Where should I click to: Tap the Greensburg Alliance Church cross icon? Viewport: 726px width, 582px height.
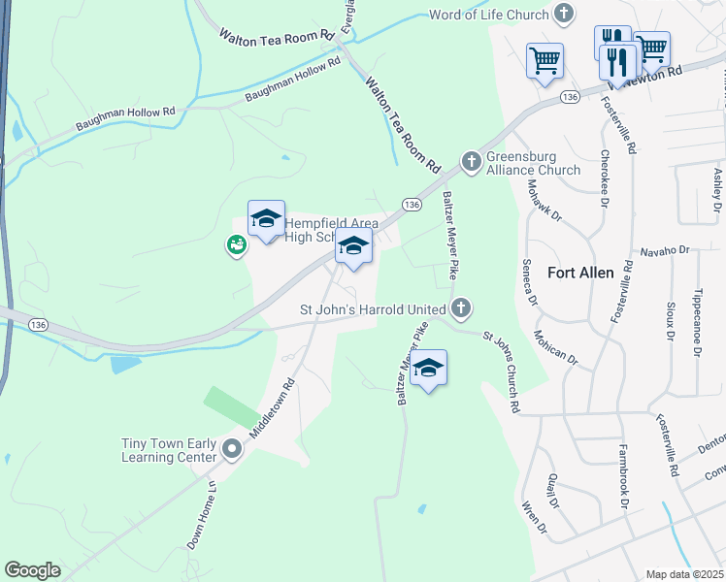click(472, 160)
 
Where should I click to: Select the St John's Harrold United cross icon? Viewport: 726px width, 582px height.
click(461, 309)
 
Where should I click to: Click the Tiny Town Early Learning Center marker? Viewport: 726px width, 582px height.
click(232, 449)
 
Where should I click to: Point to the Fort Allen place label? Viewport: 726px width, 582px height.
click(580, 273)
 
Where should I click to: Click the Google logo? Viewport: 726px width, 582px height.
click(32, 570)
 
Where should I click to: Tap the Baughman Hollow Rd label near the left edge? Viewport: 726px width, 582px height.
click(126, 119)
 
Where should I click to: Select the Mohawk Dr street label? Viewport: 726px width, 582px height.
click(544, 199)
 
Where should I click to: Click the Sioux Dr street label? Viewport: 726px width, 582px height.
click(669, 321)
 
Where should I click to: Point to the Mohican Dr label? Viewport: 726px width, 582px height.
click(555, 346)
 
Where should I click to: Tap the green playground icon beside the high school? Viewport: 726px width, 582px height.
click(236, 246)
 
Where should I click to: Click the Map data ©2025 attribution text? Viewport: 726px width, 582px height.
click(685, 574)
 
